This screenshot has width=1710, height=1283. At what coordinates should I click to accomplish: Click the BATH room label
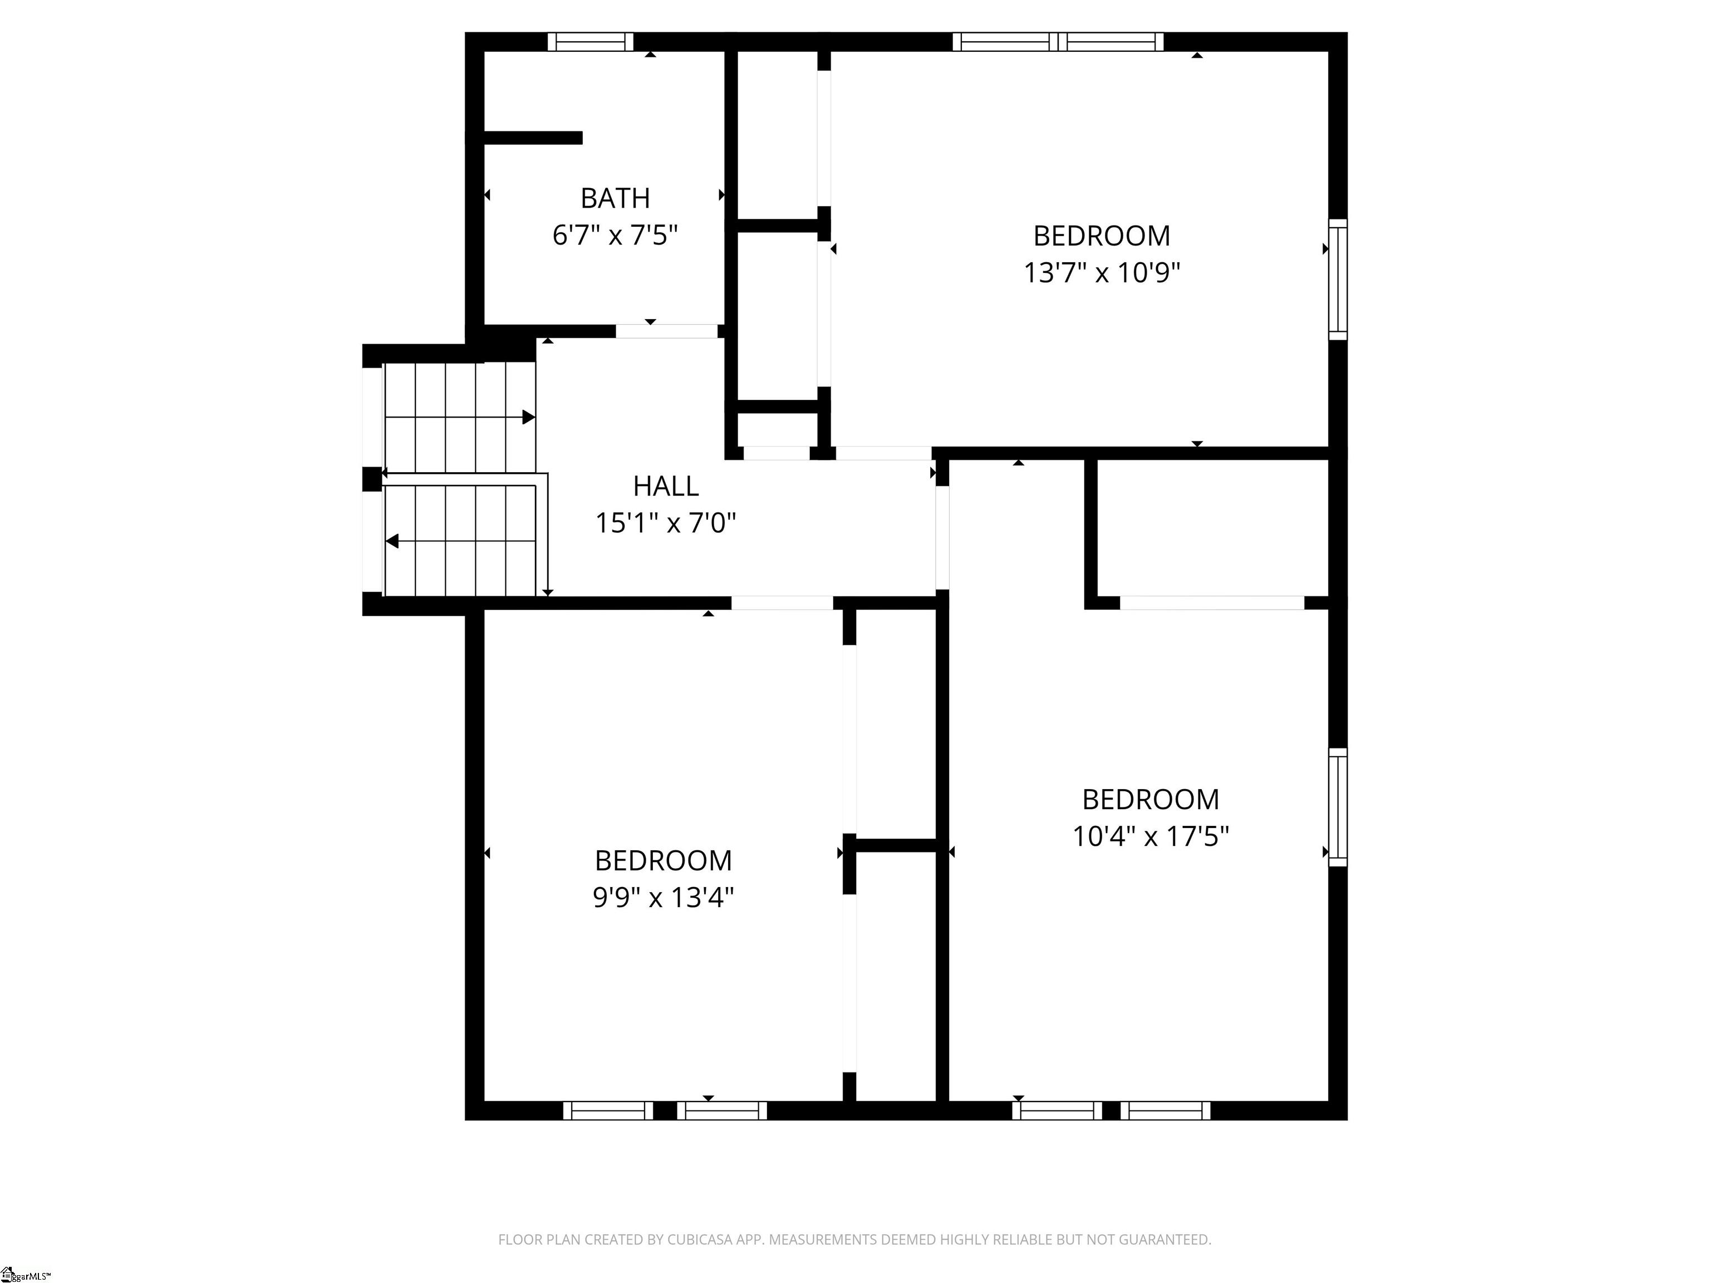(x=615, y=199)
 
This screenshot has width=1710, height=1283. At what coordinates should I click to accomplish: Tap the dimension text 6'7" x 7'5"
(x=615, y=235)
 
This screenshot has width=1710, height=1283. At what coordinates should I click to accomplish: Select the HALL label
(x=666, y=487)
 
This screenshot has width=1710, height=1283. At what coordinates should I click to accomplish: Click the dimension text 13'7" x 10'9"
(x=1102, y=273)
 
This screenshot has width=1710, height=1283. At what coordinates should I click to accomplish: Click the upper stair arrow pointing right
(x=529, y=418)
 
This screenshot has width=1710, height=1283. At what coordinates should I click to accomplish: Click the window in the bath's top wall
(x=591, y=42)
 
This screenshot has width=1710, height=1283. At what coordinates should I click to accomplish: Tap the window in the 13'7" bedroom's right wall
(x=1338, y=280)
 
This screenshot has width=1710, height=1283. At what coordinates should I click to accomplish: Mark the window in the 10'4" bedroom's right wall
(x=1338, y=807)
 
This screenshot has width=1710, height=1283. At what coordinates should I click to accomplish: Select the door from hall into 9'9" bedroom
(x=782, y=603)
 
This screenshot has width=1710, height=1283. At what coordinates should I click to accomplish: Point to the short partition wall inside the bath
(x=533, y=138)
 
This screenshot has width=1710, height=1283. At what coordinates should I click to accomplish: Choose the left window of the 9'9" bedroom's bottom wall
(x=608, y=1110)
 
